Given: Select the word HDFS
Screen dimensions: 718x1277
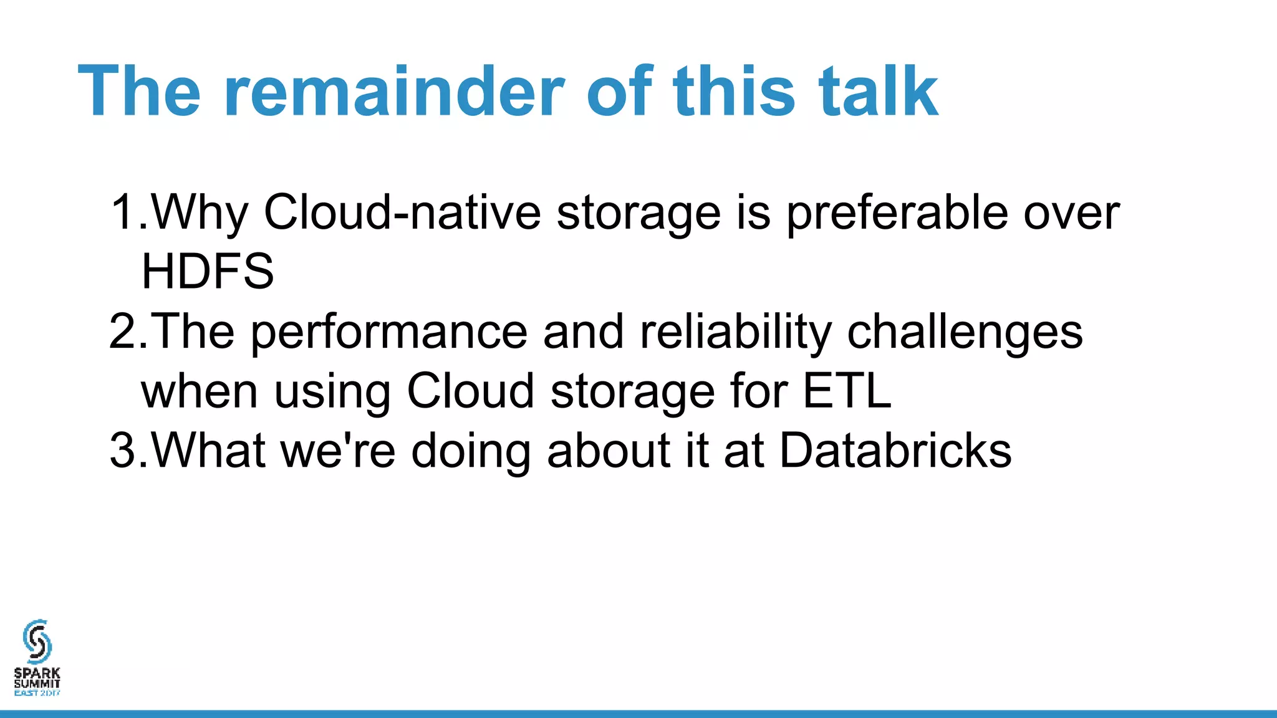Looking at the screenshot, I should point(208,272).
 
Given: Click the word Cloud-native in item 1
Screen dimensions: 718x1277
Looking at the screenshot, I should point(402,213).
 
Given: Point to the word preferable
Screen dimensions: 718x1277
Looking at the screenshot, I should point(897,213).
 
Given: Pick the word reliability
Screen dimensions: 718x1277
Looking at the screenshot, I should point(736,332).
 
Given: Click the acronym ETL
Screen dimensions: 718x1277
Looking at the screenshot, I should point(847,391).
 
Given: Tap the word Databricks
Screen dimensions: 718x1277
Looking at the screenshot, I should point(895,451).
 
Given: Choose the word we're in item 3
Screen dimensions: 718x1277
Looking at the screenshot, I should point(338,451).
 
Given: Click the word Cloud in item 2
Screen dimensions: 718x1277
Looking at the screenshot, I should point(470,391).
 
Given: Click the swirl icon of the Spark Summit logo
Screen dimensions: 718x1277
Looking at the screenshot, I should point(37,641).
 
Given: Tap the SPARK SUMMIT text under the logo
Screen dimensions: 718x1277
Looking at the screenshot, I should point(37,678).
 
